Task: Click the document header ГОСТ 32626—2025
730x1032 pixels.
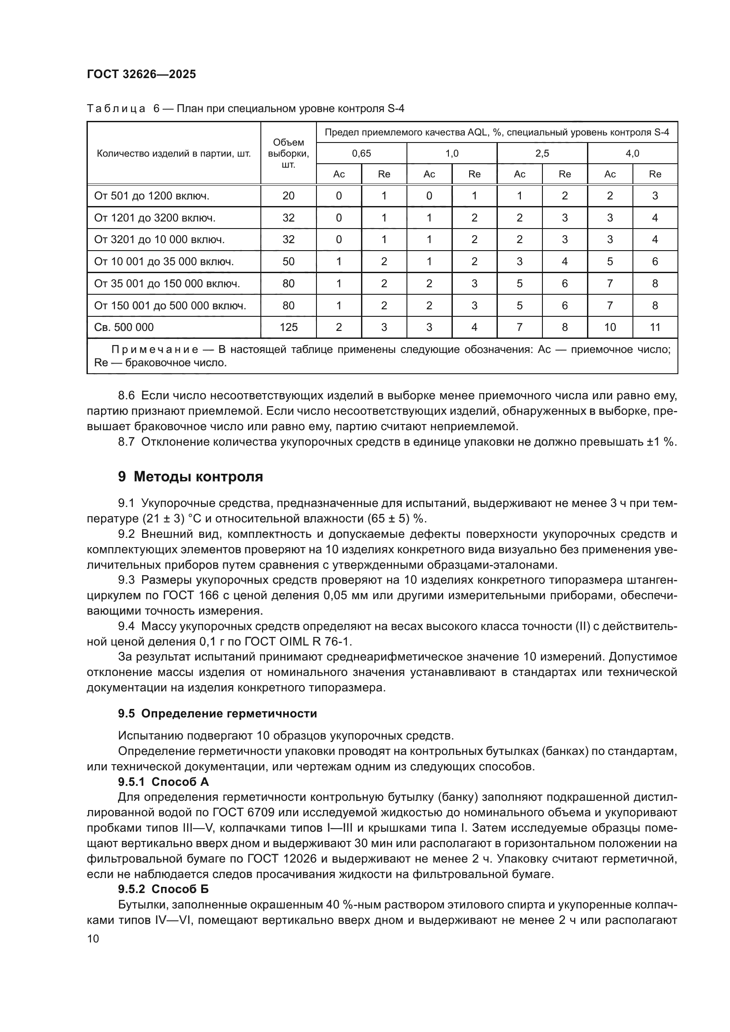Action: (x=141, y=74)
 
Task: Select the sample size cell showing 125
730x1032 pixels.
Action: (x=288, y=327)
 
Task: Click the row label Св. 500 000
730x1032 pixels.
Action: (x=124, y=327)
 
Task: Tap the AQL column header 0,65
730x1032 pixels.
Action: (x=361, y=153)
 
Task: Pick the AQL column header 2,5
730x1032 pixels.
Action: (x=542, y=153)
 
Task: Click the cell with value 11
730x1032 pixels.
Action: (x=655, y=327)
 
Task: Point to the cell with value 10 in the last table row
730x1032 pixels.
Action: (x=610, y=327)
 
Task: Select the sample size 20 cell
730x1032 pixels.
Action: (x=288, y=195)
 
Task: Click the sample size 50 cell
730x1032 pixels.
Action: (x=288, y=262)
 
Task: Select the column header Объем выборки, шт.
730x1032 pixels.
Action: (x=288, y=153)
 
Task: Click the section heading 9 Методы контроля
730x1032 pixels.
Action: (x=191, y=477)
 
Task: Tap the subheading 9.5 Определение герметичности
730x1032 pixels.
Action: (x=218, y=713)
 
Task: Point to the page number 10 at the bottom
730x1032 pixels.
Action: (x=93, y=938)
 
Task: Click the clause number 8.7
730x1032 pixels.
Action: (x=126, y=442)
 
